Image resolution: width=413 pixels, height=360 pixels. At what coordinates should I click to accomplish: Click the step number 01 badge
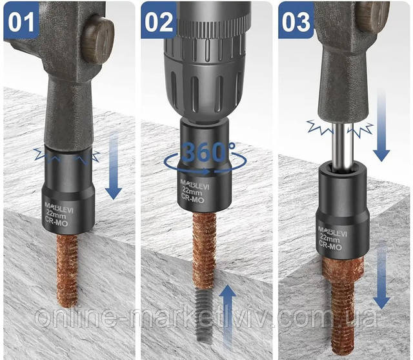tap(21, 23)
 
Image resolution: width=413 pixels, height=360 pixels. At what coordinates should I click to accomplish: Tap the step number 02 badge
tap(159, 22)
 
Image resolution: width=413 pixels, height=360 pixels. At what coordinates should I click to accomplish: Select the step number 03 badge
tap(296, 23)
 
